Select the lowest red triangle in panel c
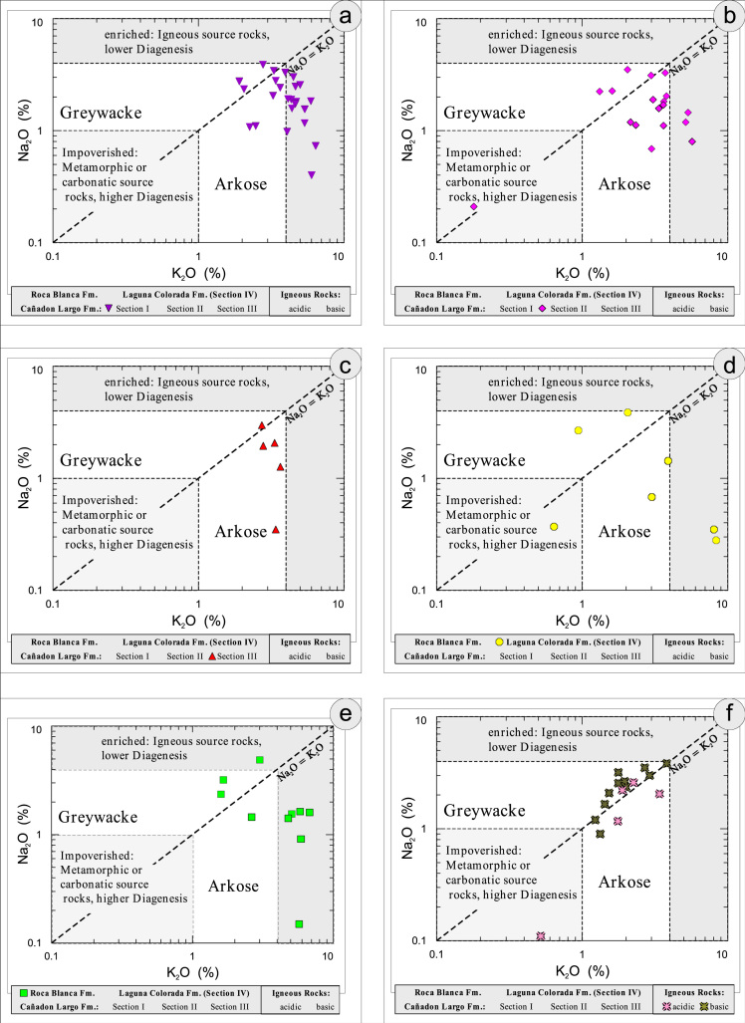(x=276, y=530)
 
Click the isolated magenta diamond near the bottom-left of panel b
(x=474, y=207)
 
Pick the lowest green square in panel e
(x=299, y=924)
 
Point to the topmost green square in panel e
(x=260, y=760)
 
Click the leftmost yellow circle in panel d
(x=554, y=527)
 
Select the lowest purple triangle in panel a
(x=312, y=175)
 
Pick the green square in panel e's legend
(x=22, y=993)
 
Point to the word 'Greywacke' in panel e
(x=97, y=818)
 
